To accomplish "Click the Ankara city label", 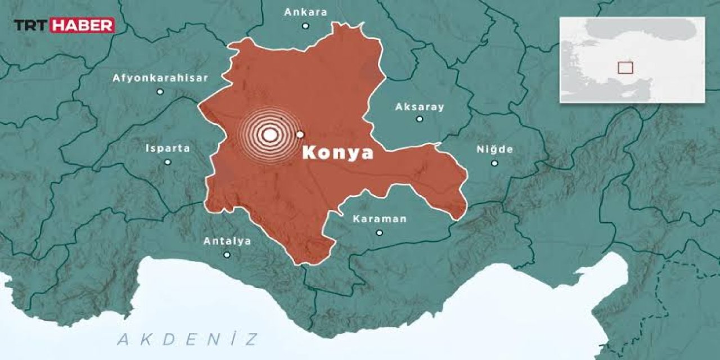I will pos(305,12).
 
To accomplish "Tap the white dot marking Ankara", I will pos(305,25).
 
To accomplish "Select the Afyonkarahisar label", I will pos(160,78).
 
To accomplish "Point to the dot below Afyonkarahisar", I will pos(160,91).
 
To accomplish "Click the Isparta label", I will pos(168,148).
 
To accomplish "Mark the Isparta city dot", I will pos(168,162).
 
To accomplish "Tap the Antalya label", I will pos(227,241).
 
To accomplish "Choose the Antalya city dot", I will pos(227,255).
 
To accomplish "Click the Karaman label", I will pos(379,219).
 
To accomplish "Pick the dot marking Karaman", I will pos(379,232).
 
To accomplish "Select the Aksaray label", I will pos(420,106).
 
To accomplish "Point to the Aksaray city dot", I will pos(420,119).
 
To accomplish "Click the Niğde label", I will pos(494,150).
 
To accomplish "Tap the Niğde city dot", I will pos(494,163).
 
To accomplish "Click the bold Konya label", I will pos(337,153).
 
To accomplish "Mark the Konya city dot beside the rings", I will pos(300,134).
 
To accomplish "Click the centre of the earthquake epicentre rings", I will pos(270,135).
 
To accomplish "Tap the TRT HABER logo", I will pos(64,25).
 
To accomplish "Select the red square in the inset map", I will pos(625,67).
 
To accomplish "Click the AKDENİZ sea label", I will pos(188,339).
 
